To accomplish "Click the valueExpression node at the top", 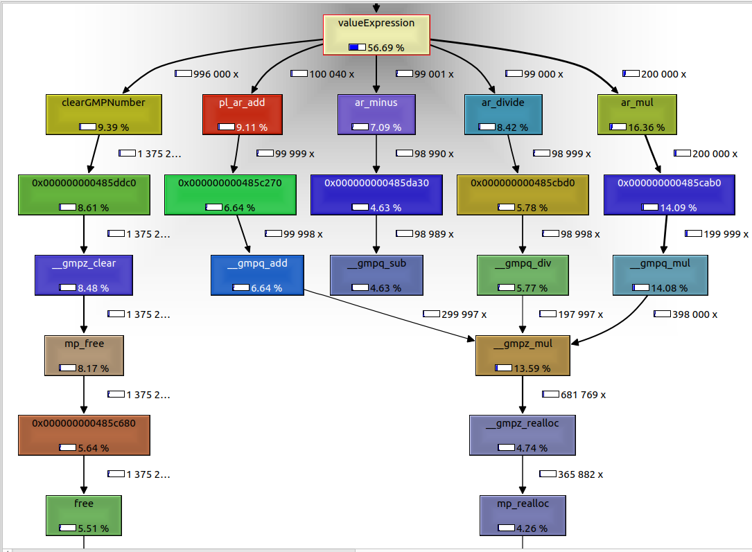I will coord(376,35).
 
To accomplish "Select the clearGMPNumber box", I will coord(104,114).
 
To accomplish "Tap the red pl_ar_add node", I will coord(241,114).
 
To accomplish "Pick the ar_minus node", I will coord(376,114).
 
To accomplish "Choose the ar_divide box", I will coord(502,114).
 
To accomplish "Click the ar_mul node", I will coord(636,114).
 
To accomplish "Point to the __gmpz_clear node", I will coord(85,275).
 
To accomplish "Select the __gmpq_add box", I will coord(256,275).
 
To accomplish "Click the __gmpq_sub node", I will coord(376,275).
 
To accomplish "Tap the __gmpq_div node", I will coord(523,275).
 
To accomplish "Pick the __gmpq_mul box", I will coord(661,275).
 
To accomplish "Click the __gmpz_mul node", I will coord(523,355).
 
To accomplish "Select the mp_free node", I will coord(85,355).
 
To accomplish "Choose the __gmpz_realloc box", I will coord(523,436).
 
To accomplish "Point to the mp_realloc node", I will coord(523,515).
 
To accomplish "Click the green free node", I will coord(85,515).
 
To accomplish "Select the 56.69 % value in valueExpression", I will coord(385,48).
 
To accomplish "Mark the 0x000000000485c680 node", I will coord(85,436).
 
